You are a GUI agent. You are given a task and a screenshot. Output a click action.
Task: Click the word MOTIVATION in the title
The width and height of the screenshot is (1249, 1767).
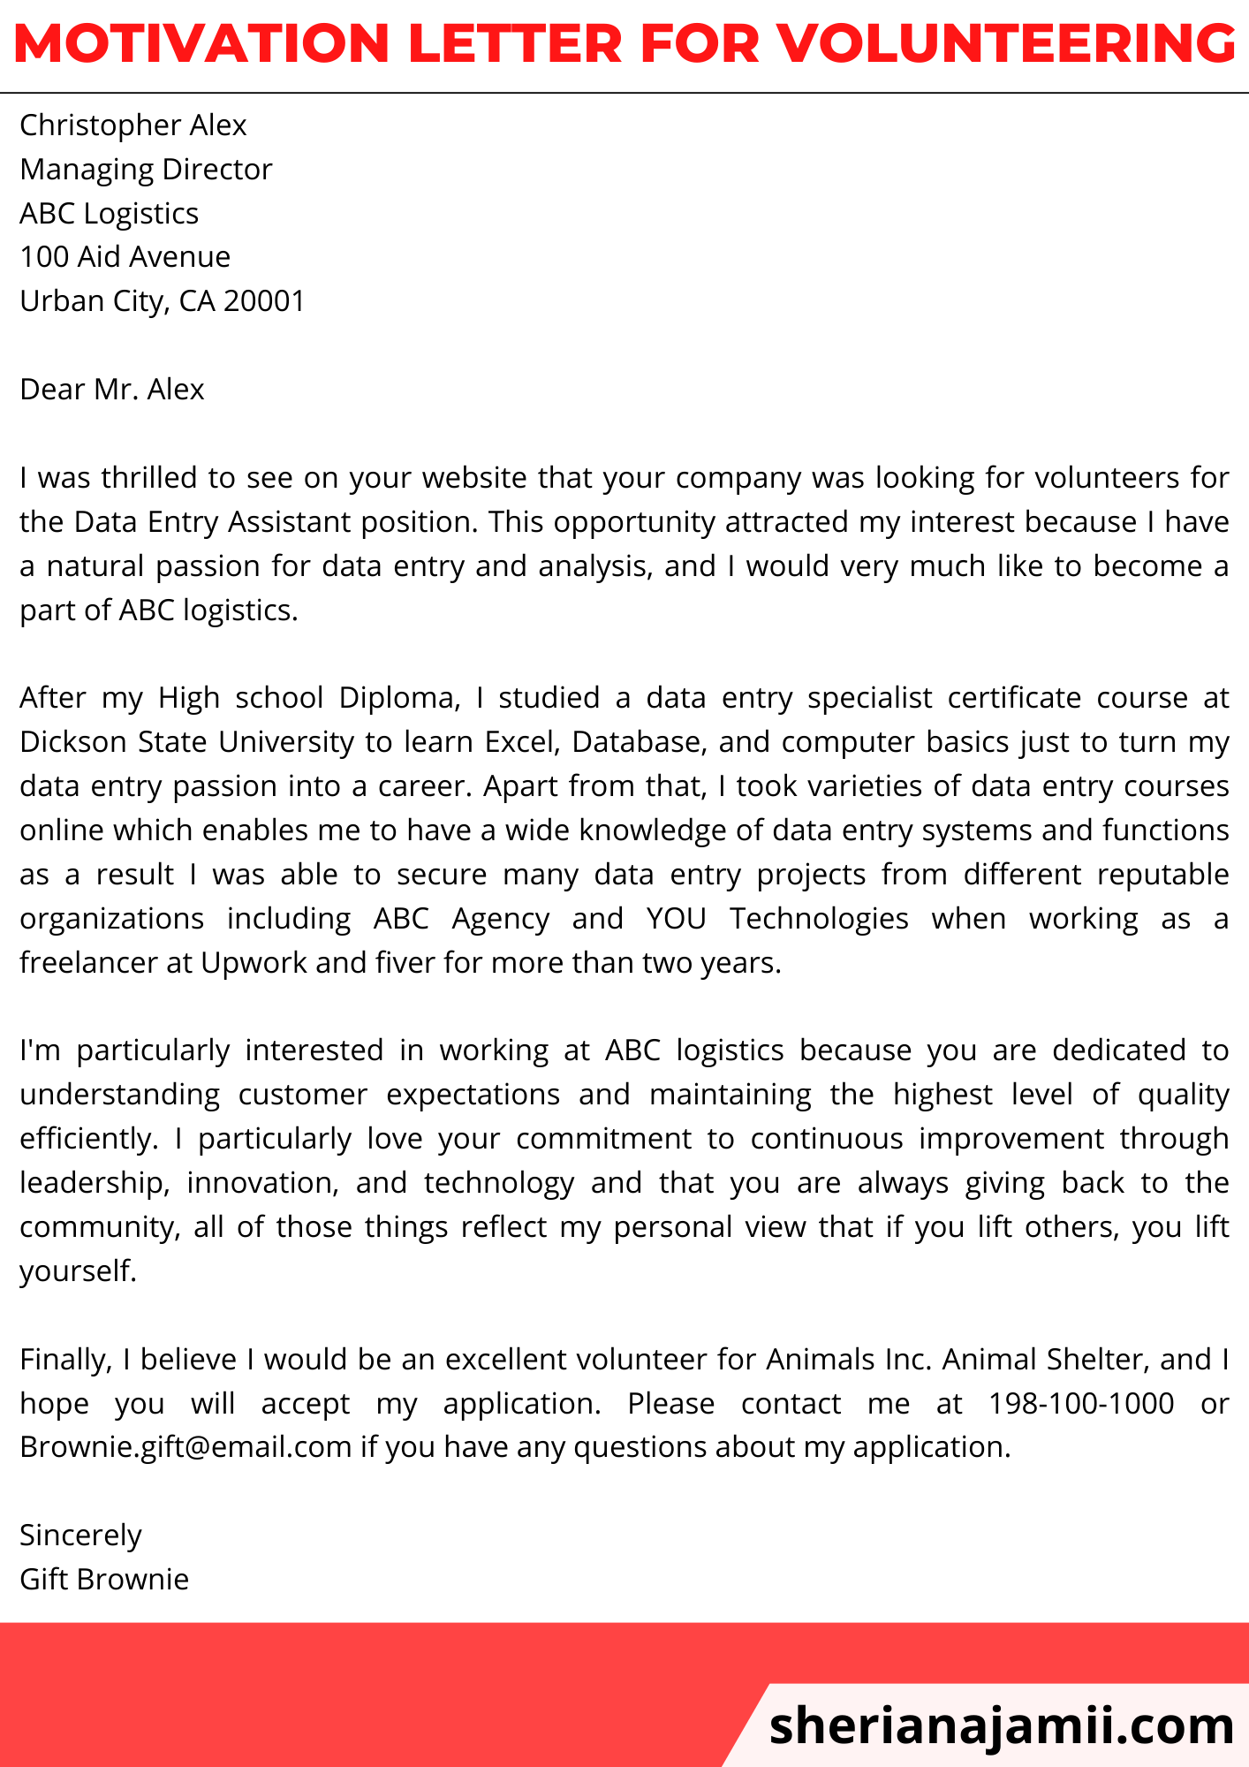pos(201,43)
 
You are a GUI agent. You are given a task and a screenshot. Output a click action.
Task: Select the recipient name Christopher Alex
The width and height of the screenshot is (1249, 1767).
pos(132,125)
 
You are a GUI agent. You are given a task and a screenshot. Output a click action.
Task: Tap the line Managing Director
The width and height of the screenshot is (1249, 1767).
pos(146,169)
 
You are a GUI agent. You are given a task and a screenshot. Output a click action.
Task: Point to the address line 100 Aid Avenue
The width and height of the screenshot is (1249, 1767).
pos(125,257)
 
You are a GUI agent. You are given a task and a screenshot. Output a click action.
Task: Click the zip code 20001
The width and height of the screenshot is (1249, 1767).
pos(264,301)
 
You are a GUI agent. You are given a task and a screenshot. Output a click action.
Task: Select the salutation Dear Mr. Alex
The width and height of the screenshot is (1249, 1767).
pos(112,390)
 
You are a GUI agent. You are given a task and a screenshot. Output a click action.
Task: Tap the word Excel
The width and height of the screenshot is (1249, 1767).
pos(523,742)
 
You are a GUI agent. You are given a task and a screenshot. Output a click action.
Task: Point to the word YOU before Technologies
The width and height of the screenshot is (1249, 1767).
pos(676,919)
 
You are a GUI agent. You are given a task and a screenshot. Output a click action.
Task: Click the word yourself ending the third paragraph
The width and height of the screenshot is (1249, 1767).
pos(78,1271)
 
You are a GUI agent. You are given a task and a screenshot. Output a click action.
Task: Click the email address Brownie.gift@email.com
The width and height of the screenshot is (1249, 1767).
pos(185,1447)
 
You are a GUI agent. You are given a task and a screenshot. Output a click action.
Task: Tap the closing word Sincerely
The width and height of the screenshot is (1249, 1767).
pos(80,1536)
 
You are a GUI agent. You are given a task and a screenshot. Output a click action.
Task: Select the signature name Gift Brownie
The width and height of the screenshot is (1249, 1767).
pos(104,1580)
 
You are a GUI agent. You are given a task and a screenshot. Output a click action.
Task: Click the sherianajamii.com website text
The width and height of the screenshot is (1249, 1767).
pos(1002,1725)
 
